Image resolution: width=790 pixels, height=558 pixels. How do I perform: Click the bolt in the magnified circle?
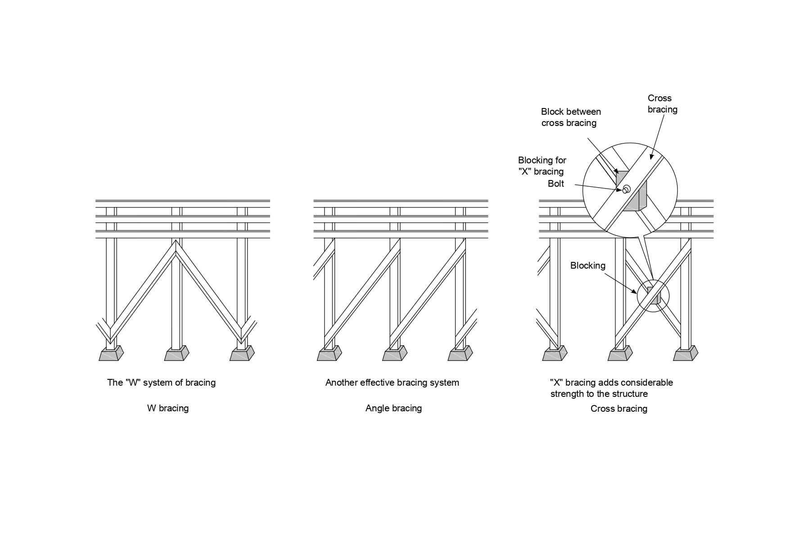[x=626, y=189]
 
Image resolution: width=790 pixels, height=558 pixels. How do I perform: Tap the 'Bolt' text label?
[x=555, y=184]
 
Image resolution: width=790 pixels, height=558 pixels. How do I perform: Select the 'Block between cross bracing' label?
[x=570, y=117]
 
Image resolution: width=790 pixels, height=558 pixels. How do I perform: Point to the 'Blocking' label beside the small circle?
[x=587, y=265]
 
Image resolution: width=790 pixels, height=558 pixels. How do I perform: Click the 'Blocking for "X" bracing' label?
[x=542, y=166]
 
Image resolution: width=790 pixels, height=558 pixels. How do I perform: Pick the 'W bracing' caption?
[x=167, y=408]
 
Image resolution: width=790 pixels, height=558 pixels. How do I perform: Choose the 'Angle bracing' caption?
[x=393, y=408]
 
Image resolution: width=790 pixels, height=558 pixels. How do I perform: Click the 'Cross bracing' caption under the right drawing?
[x=618, y=409]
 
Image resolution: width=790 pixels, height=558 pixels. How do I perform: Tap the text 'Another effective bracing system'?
[x=392, y=382]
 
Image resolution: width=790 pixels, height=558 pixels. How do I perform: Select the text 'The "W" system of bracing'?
[x=161, y=382]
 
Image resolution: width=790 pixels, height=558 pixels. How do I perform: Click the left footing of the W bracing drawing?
[x=111, y=354]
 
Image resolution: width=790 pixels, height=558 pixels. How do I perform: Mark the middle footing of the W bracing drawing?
[x=176, y=354]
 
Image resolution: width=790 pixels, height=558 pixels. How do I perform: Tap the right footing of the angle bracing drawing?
[x=460, y=354]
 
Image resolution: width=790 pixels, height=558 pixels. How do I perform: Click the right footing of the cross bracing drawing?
[x=685, y=354]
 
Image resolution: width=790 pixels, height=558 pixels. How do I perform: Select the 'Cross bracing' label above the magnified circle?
[x=662, y=103]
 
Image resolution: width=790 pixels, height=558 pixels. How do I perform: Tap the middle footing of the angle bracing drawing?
[x=394, y=354]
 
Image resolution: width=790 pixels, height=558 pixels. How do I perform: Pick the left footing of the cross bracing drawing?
[x=554, y=354]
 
